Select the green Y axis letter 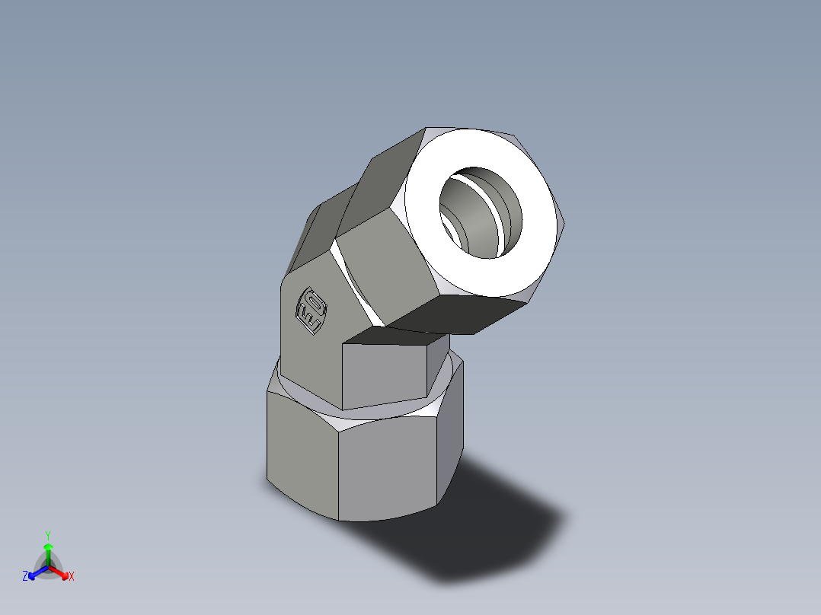tap(47, 535)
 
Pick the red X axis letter tap(72, 577)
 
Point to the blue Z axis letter tap(25, 577)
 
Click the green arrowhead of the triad tap(47, 546)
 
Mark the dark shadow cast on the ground tap(487, 525)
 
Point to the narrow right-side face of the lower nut tap(449, 441)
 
